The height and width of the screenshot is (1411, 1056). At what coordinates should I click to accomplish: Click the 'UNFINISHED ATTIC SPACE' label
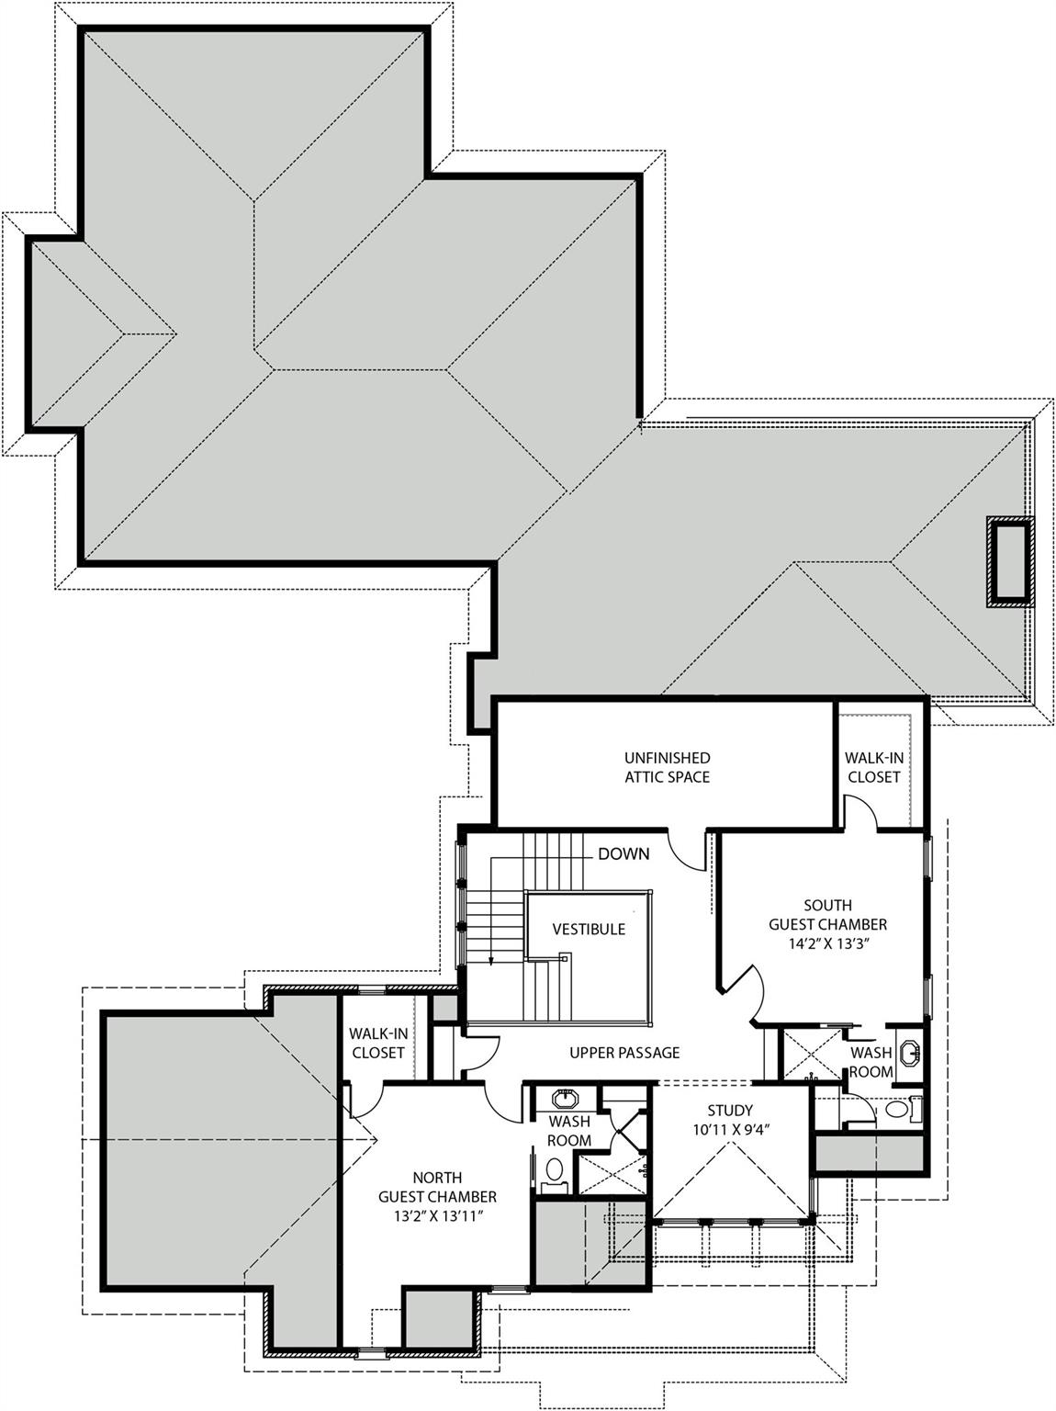[667, 767]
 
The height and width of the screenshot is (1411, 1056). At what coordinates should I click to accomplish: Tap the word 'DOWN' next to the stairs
[623, 854]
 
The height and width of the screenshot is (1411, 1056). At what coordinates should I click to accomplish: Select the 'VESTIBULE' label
[589, 930]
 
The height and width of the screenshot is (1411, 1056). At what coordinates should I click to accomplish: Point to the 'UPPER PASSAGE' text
[624, 1053]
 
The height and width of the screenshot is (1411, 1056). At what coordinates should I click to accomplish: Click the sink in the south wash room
[910, 1053]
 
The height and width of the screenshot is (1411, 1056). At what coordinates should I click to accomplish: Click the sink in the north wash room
[564, 1099]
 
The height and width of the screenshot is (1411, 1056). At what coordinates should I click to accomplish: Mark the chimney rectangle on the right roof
[1009, 562]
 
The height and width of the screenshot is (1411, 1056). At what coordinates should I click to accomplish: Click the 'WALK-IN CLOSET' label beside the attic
[873, 767]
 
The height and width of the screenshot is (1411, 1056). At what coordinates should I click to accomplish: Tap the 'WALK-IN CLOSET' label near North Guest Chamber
[377, 1044]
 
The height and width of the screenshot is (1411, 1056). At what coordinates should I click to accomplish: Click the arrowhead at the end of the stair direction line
[491, 962]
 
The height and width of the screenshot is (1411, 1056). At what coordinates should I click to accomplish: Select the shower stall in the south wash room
[810, 1054]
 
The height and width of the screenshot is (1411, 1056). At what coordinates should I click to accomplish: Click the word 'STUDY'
[730, 1111]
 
